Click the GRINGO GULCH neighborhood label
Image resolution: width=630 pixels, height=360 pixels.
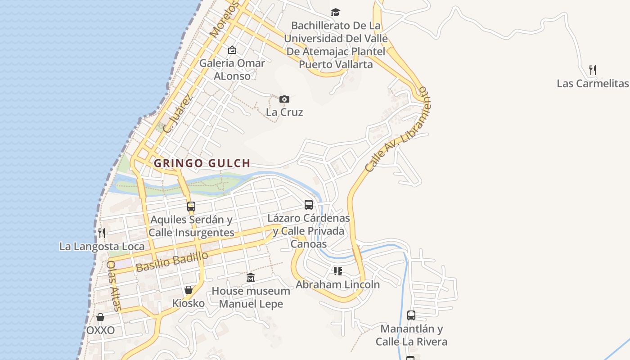202,163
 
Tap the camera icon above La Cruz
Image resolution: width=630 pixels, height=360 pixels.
284,99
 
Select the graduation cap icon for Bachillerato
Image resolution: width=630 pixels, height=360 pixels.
335,12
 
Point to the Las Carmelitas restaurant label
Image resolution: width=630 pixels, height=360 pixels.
592,83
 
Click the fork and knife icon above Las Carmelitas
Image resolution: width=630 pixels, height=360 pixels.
593,70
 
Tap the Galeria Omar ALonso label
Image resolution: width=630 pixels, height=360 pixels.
232,69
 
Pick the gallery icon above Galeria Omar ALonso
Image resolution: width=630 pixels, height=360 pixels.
232,50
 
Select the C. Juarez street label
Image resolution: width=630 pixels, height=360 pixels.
178,113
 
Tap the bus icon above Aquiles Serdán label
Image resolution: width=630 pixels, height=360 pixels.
191,207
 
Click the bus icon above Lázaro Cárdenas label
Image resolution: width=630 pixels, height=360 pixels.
309,205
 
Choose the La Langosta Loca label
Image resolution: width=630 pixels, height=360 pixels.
102,246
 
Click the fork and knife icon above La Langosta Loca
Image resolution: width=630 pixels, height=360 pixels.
102,233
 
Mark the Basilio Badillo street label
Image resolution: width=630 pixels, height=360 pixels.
172,261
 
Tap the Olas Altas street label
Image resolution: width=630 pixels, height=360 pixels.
114,286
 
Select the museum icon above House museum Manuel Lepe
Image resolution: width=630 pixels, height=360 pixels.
251,278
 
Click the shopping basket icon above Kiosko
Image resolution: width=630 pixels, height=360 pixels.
189,290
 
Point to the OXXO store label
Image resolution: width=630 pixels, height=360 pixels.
100,330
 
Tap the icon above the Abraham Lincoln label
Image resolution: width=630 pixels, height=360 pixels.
337,271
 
